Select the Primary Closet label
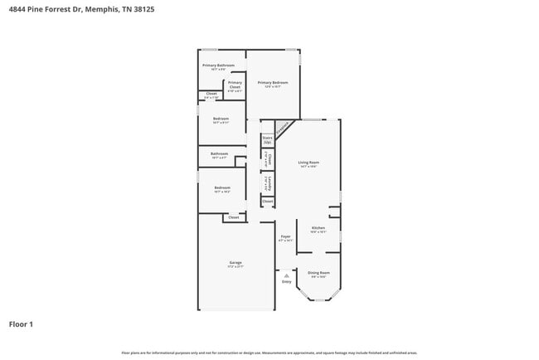235,83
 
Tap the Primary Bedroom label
272,83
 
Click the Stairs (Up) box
267,140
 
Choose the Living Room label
309,163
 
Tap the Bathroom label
219,153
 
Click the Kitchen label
318,228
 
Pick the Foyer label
285,237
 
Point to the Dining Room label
319,273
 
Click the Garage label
236,263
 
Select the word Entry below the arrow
286,282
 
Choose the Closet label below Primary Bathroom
211,94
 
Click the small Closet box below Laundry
267,202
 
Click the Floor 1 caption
21,324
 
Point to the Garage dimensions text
236,267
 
